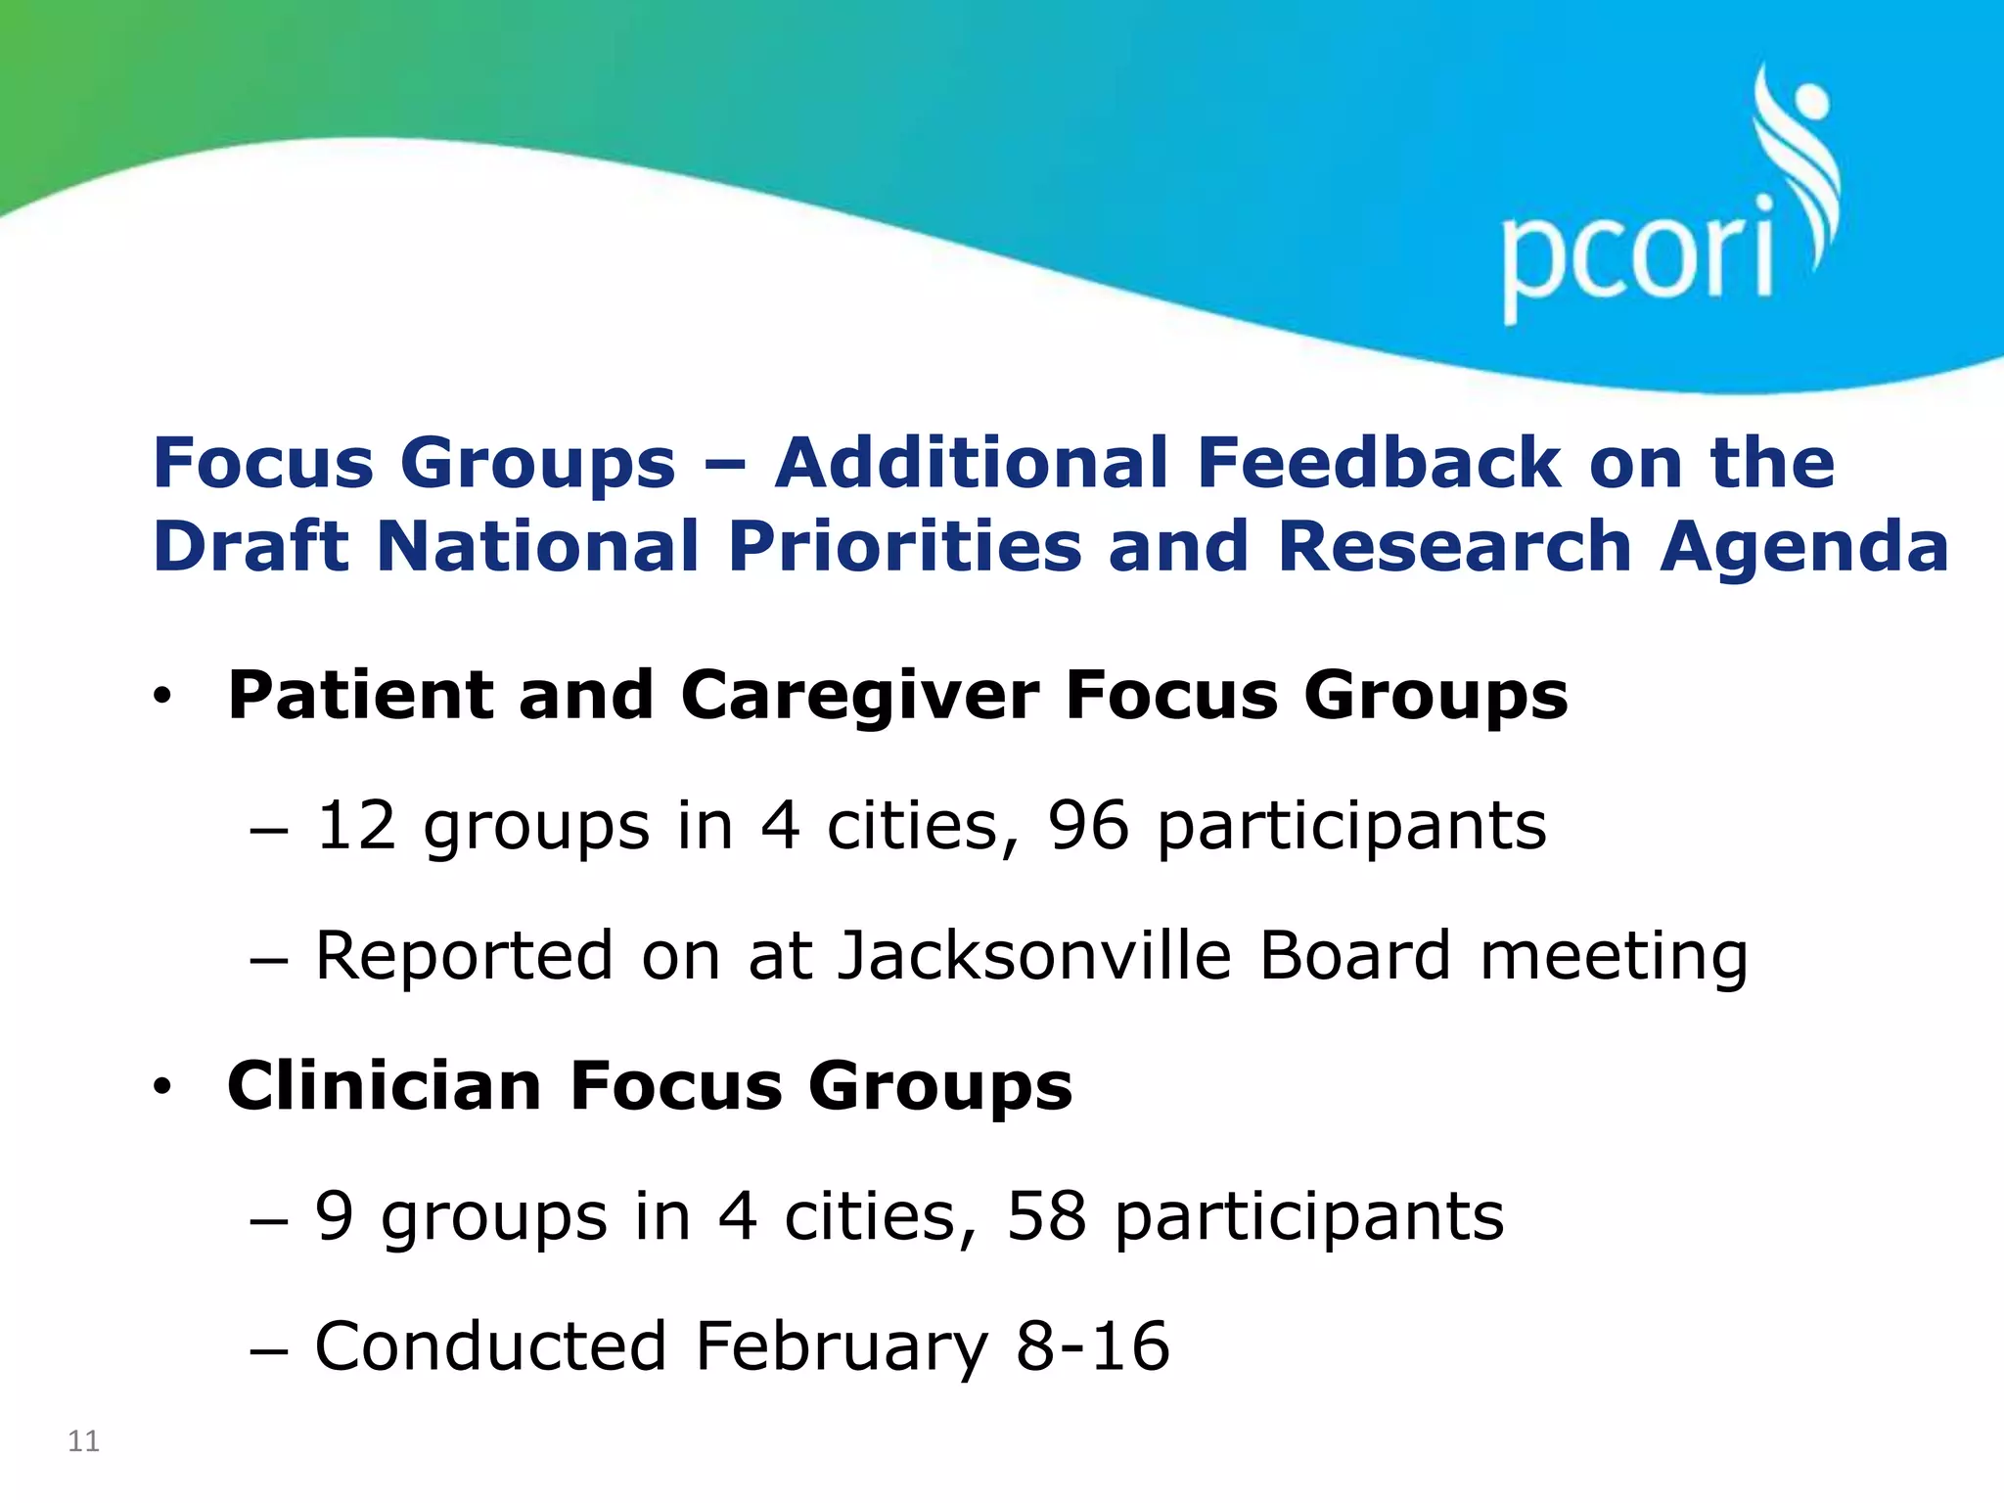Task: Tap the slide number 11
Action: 83,1441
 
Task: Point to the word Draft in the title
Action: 251,546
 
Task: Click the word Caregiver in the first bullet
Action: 859,696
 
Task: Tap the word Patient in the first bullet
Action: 359,696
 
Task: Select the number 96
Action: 1087,825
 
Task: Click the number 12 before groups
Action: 356,825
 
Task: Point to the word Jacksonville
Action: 1034,955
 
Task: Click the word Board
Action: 1355,955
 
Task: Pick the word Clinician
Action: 385,1086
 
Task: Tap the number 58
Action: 1046,1216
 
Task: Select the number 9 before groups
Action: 335,1216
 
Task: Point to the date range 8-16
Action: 1092,1346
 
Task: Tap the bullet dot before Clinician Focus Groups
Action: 161,1086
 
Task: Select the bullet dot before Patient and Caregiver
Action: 161,696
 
